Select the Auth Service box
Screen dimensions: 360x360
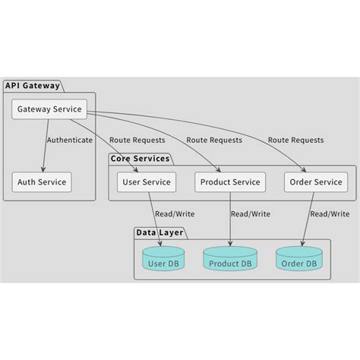[42, 182]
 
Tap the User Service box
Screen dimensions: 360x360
[147, 182]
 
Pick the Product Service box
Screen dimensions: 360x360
[230, 182]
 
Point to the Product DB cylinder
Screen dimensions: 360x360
[230, 259]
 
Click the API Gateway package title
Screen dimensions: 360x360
[33, 85]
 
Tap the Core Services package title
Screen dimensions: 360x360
[140, 159]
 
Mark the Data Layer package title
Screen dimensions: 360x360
[159, 232]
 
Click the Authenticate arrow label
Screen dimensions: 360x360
[69, 140]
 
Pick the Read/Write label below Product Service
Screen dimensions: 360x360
[250, 214]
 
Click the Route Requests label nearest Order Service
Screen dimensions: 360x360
[295, 140]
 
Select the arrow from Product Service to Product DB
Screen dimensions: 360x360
[230, 220]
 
